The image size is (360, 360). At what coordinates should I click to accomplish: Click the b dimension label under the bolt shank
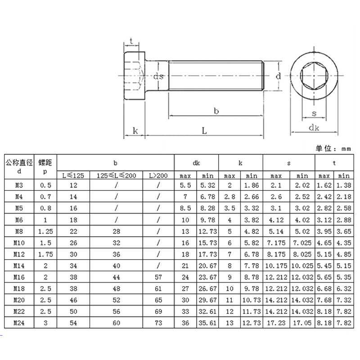click(x=216, y=111)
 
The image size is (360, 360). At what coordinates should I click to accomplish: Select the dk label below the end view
click(x=314, y=128)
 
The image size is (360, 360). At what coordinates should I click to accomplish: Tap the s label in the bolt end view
click(x=314, y=113)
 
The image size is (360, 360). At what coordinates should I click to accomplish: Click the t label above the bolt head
click(x=131, y=41)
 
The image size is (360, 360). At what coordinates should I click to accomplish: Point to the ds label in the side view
click(x=158, y=76)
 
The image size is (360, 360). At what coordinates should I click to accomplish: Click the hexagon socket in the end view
click(x=314, y=75)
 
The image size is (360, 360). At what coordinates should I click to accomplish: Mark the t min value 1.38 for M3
click(x=343, y=184)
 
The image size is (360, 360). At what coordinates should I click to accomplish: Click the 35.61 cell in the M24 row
click(x=207, y=323)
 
